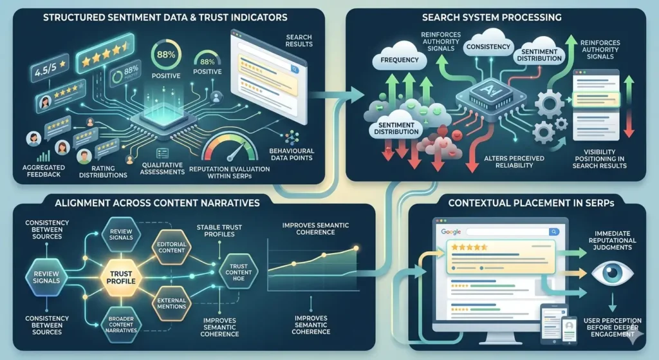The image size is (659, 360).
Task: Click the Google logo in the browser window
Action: pos(451,232)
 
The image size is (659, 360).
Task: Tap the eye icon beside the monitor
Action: pos(612,273)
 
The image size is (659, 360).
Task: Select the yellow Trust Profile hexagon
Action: pos(121,278)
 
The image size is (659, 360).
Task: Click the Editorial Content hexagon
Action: pos(171,247)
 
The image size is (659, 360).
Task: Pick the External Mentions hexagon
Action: pos(171,303)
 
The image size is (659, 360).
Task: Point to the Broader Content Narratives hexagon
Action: pos(121,325)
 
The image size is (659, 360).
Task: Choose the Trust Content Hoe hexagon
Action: pos(238,272)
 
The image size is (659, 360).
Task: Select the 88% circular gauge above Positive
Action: pos(166,54)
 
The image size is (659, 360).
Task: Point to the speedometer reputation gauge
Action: pos(230,148)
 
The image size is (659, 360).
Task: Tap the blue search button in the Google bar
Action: pos(554,232)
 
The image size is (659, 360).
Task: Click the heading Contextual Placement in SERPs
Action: pos(531,203)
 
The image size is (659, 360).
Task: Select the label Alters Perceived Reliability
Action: pos(514,162)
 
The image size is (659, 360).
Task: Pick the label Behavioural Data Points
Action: pos(292,155)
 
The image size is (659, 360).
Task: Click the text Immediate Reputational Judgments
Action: pos(613,241)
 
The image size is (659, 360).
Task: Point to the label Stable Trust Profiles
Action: pos(219,231)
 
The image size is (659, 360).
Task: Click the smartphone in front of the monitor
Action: pos(569,329)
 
